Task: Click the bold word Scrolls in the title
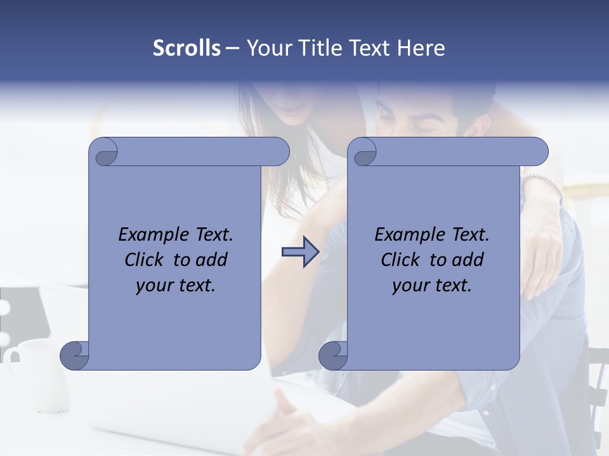coord(187,48)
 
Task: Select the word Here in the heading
coord(421,48)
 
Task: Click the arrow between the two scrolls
coord(300,252)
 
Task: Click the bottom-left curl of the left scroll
coord(74,355)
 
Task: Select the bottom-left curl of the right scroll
coord(333,355)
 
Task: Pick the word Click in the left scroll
coord(145,260)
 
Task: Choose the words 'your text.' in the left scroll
coord(176,285)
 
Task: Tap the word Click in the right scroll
coord(401,260)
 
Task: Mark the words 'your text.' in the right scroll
coord(432,285)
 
